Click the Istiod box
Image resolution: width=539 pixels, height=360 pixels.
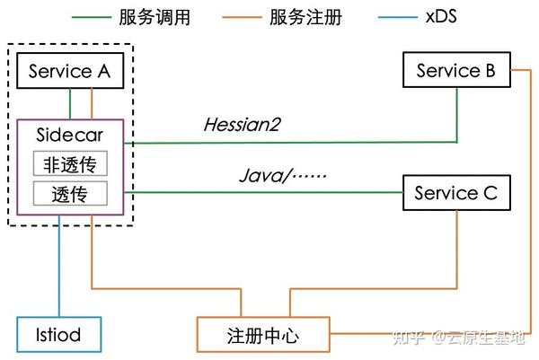[x=58, y=335]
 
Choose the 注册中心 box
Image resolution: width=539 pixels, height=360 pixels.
[x=261, y=336]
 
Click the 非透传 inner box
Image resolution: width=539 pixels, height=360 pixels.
[x=69, y=164]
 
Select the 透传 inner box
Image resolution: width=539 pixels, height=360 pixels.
[x=69, y=193]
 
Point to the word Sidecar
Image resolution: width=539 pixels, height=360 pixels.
[x=68, y=136]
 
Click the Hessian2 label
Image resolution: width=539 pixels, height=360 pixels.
[x=240, y=126]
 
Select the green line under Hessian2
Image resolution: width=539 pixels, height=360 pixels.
[x=287, y=143]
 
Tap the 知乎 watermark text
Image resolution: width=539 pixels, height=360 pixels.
[x=411, y=337]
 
